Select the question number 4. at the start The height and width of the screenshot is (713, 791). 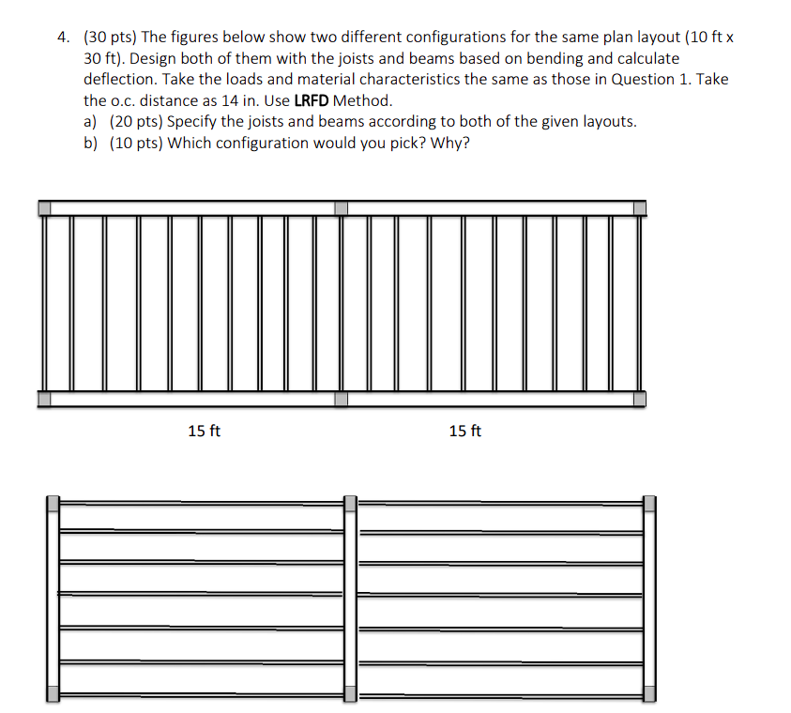[63, 38]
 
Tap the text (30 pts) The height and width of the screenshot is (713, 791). [110, 38]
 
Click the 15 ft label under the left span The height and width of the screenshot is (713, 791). [205, 431]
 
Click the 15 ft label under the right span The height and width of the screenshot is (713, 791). [465, 431]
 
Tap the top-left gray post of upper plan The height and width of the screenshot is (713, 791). [45, 207]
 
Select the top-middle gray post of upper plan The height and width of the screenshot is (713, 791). [341, 207]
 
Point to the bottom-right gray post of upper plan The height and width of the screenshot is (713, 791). [639, 399]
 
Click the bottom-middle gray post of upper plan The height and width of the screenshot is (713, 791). [341, 399]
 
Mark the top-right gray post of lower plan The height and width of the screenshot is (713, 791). [648, 504]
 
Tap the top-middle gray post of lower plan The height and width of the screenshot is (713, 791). [350, 504]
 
